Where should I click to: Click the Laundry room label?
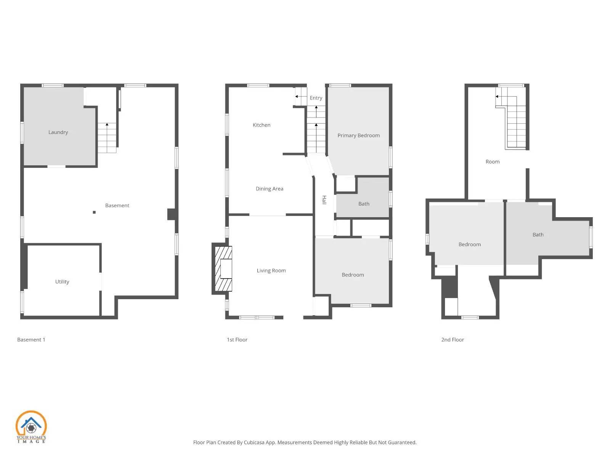(x=58, y=132)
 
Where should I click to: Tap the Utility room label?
(x=62, y=282)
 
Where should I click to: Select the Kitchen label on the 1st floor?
(x=262, y=125)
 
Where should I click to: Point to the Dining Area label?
(x=270, y=189)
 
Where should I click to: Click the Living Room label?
(x=271, y=271)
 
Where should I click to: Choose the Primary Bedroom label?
(x=358, y=135)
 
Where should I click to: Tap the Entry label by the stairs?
(x=316, y=98)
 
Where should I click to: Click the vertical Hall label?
(x=324, y=200)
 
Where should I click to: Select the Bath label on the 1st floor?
(x=364, y=204)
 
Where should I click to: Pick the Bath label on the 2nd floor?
(x=538, y=235)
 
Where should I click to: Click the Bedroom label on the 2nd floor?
(x=469, y=244)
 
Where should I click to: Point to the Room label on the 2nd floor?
(x=493, y=162)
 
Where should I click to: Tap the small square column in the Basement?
(x=94, y=212)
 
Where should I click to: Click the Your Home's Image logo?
(x=31, y=427)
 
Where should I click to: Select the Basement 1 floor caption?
(x=31, y=340)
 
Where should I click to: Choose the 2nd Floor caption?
(x=453, y=340)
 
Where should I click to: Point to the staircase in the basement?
(x=107, y=138)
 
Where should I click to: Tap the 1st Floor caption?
(x=237, y=340)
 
